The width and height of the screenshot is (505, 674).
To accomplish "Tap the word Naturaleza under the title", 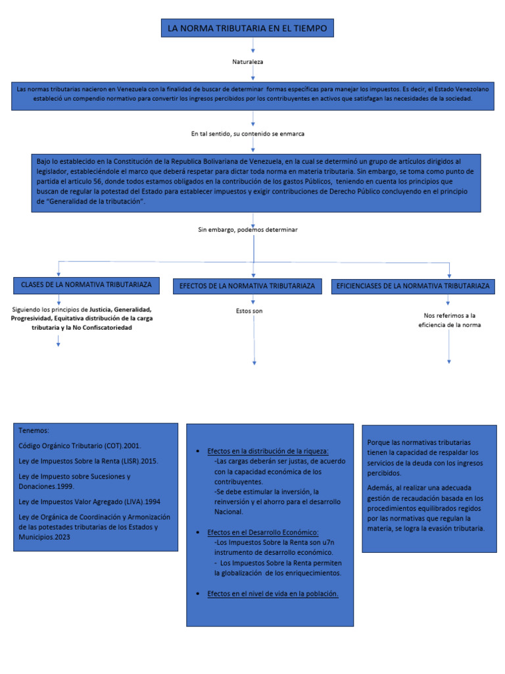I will pos(248,61).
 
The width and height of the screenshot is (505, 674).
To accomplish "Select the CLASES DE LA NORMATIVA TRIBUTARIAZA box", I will pos(86,284).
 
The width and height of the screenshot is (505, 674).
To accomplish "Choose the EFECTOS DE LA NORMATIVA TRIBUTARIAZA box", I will pos(247,286).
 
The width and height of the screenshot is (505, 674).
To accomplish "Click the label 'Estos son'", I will pos(249,311).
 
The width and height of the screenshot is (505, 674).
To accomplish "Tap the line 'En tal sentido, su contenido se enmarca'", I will pos(248,134).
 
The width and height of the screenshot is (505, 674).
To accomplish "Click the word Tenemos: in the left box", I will pos(34,430).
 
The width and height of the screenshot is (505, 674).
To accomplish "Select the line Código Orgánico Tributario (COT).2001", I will pos(80,446).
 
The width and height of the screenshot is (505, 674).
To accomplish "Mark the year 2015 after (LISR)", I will pos(149,461).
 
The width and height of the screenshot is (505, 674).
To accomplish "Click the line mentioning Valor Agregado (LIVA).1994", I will pos(89,502).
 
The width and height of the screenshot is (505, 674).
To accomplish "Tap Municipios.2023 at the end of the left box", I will pos(44,538).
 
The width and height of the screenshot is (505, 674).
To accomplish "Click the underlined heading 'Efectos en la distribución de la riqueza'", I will pos(268,451).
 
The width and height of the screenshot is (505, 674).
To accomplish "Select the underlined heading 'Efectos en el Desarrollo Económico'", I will pos(262,532).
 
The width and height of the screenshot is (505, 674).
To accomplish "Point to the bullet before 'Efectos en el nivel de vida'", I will pos(199,594).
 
